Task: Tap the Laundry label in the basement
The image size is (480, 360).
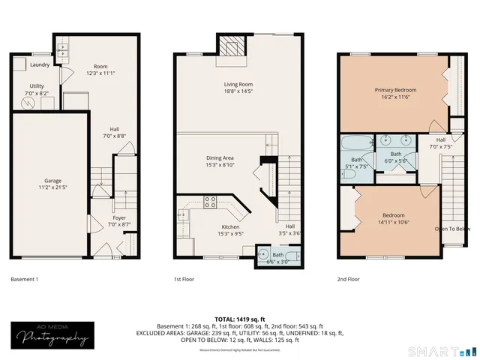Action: click(39, 64)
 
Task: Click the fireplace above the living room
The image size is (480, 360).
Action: click(232, 46)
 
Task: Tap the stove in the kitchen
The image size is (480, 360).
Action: click(211, 202)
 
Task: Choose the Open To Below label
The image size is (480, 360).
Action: click(452, 229)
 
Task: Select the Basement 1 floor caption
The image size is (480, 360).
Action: click(24, 279)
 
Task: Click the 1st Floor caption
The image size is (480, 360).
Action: click(184, 279)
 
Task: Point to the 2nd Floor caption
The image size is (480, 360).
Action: click(348, 279)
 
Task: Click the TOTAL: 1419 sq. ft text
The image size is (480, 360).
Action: click(239, 319)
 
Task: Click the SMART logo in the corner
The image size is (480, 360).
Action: click(438, 350)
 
